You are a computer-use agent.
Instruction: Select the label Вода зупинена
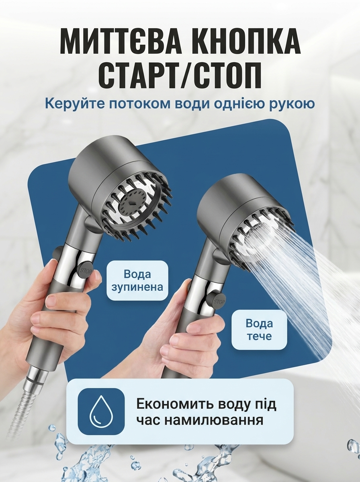[137, 280]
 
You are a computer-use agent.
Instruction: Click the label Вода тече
[259, 330]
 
